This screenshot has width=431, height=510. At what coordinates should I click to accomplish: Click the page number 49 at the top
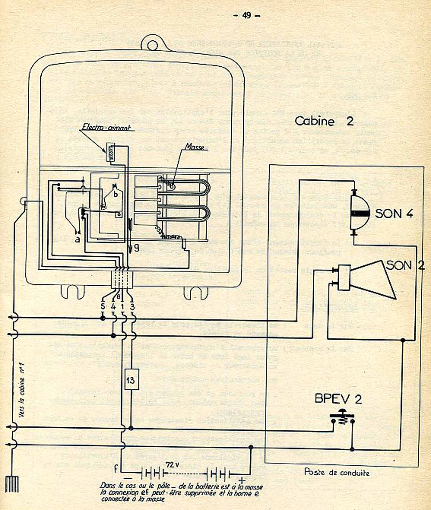(x=246, y=15)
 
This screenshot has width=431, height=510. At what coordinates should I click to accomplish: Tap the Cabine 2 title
(x=324, y=121)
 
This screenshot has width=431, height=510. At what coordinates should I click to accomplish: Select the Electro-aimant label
(x=106, y=128)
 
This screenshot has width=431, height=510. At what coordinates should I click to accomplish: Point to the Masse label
(x=194, y=147)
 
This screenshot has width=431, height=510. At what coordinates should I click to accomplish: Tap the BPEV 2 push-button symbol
(x=343, y=418)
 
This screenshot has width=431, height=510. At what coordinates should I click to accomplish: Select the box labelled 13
(x=130, y=380)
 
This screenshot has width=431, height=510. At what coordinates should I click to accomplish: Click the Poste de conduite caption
(x=336, y=472)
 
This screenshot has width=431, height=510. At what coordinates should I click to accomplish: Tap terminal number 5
(x=103, y=307)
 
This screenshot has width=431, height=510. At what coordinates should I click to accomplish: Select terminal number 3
(x=132, y=307)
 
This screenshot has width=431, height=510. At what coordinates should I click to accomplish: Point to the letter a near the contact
(x=77, y=239)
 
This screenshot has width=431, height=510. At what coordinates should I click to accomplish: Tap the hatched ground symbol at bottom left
(x=12, y=484)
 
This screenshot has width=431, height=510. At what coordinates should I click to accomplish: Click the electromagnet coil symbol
(x=111, y=152)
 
